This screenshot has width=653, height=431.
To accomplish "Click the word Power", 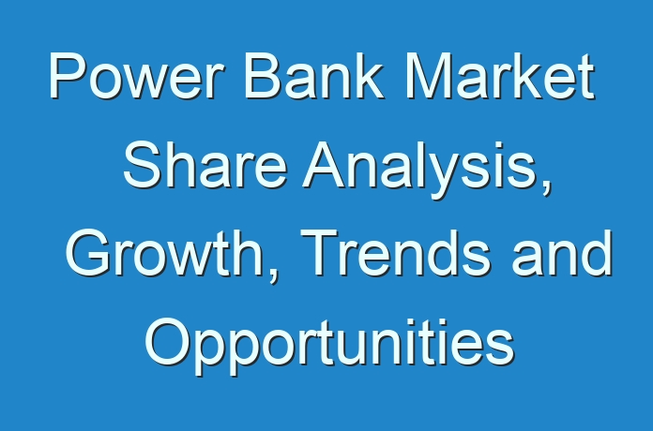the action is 137,76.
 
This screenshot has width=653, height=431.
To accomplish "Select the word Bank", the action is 314,76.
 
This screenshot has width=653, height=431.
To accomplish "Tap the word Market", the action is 500,76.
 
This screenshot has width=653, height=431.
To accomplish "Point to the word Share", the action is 205,165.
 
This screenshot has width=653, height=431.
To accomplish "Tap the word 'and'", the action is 562,253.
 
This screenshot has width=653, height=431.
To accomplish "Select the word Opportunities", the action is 330,346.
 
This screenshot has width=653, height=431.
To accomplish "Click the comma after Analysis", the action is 546,187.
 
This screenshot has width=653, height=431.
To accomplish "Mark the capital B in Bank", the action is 265,76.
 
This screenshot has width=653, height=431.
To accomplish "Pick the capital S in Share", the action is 143,165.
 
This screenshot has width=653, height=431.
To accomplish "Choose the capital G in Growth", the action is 88,253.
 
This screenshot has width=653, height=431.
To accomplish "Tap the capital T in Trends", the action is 321,253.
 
